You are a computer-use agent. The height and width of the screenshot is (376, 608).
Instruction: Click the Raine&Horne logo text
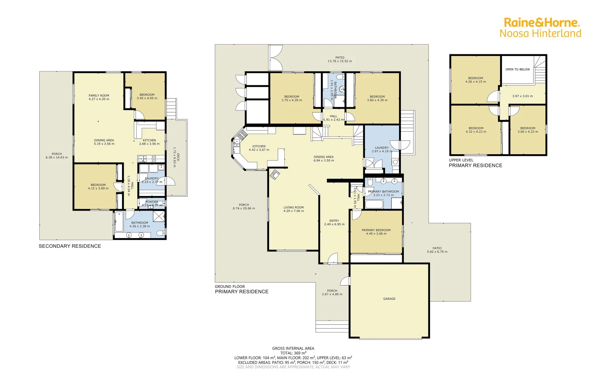click(x=541, y=23)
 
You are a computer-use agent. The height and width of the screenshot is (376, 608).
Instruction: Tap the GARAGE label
click(x=389, y=299)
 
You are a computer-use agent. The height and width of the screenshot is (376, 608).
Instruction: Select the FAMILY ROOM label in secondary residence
click(x=99, y=95)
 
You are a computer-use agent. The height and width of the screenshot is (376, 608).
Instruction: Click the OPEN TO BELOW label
click(x=517, y=69)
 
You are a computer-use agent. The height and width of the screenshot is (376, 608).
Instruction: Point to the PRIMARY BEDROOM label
click(x=376, y=230)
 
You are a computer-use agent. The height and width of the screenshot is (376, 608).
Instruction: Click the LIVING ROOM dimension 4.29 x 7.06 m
click(x=293, y=211)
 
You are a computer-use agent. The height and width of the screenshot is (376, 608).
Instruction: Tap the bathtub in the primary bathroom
click(x=374, y=204)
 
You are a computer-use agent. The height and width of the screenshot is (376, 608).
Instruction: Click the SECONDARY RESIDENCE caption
click(x=70, y=246)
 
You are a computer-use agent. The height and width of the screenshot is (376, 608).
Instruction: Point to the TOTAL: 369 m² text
click(x=293, y=353)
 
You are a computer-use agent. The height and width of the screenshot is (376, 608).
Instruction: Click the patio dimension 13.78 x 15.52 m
click(x=340, y=61)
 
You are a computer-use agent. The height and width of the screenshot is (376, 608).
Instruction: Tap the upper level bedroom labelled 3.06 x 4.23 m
click(x=528, y=130)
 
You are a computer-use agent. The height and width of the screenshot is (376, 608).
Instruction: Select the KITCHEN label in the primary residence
click(x=259, y=146)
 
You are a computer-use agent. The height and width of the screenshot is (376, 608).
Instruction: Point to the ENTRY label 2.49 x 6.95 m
click(x=334, y=221)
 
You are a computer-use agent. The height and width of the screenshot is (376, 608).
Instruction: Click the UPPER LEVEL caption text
click(x=461, y=160)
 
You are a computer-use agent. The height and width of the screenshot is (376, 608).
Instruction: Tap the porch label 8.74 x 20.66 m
click(x=244, y=207)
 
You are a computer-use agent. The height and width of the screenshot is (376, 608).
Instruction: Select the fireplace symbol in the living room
click(x=275, y=174)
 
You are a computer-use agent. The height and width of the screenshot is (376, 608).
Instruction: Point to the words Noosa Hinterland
click(x=540, y=33)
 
